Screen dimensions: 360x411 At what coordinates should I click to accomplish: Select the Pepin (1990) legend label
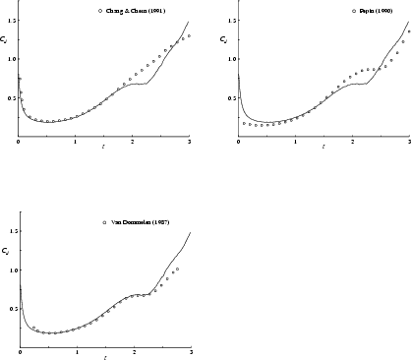(x=368, y=11)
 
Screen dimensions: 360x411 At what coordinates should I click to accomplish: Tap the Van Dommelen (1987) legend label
(x=141, y=223)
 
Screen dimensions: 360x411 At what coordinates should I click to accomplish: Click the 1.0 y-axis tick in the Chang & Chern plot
(x=11, y=58)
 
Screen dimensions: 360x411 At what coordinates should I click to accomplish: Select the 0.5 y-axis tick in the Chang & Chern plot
(x=11, y=97)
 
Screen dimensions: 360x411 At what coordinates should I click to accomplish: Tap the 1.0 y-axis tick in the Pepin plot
(x=231, y=58)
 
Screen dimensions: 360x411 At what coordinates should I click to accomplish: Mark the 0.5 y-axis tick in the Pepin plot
(x=231, y=97)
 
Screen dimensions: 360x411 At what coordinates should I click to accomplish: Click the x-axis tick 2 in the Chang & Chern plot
(x=132, y=143)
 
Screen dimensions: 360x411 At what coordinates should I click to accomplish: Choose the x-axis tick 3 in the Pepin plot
(x=408, y=143)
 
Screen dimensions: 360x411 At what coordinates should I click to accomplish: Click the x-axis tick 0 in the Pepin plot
(x=238, y=143)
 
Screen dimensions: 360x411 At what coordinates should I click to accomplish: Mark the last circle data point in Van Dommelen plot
(x=177, y=269)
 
